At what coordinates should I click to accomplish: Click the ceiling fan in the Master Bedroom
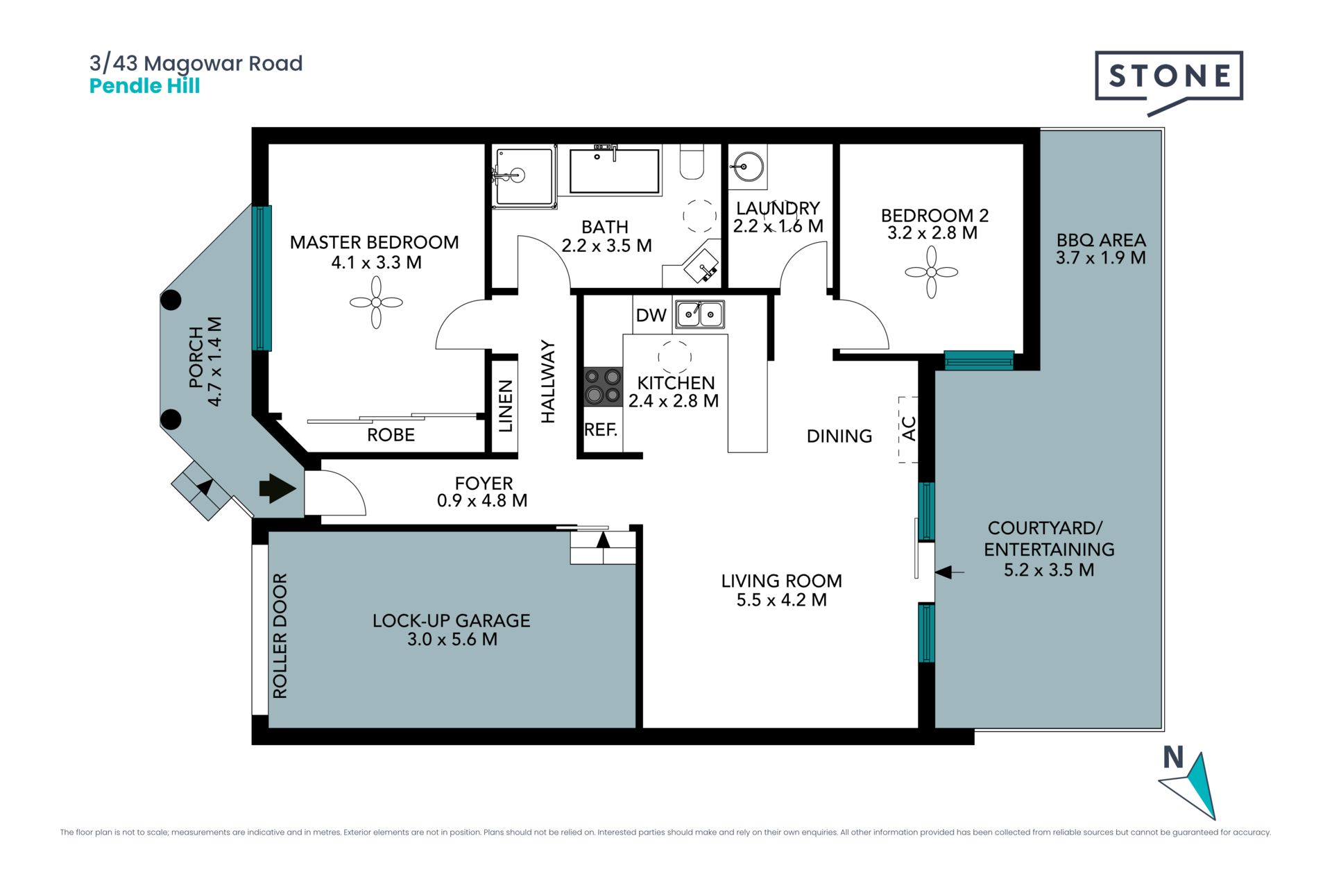(x=376, y=302)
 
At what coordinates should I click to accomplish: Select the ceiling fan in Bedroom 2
(x=931, y=273)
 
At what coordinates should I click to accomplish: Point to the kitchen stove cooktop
(x=602, y=386)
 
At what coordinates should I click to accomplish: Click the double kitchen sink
(x=700, y=314)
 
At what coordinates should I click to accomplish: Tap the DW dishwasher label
(x=651, y=316)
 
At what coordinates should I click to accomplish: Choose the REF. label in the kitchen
(x=601, y=430)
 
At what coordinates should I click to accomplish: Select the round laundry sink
(x=748, y=166)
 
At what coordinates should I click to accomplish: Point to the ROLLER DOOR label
(x=280, y=635)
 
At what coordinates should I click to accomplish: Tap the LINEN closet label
(x=506, y=406)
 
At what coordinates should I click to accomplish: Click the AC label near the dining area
(x=909, y=429)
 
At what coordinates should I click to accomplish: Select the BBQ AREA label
(x=1101, y=240)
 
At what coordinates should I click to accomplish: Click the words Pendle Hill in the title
(x=145, y=86)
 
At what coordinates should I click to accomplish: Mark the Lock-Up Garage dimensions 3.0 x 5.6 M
(x=452, y=640)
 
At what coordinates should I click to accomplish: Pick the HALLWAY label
(x=548, y=382)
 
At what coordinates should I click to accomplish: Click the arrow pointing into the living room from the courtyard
(x=950, y=572)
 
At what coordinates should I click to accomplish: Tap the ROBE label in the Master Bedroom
(x=391, y=435)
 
